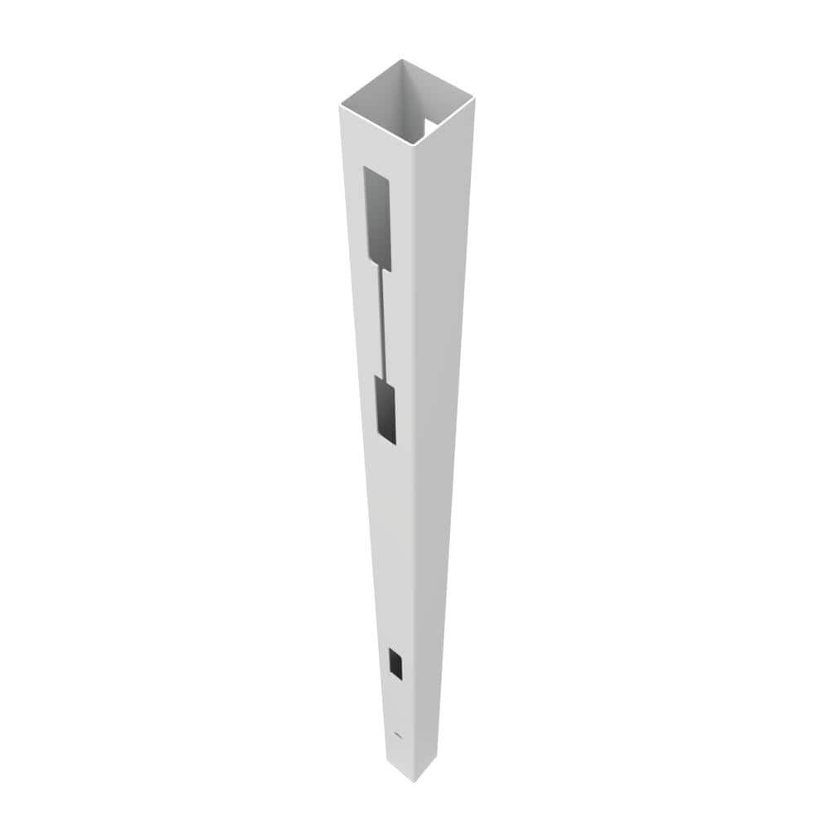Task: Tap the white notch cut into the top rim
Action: coord(432,125)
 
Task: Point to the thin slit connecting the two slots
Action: coord(383,323)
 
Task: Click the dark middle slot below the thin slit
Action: coord(385,410)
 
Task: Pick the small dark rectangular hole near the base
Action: coord(395,663)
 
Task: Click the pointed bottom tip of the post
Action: coord(415,780)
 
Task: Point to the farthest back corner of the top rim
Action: coord(404,60)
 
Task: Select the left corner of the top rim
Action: coord(341,106)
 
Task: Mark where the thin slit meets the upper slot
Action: coord(382,270)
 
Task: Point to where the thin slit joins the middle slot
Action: coord(384,377)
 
